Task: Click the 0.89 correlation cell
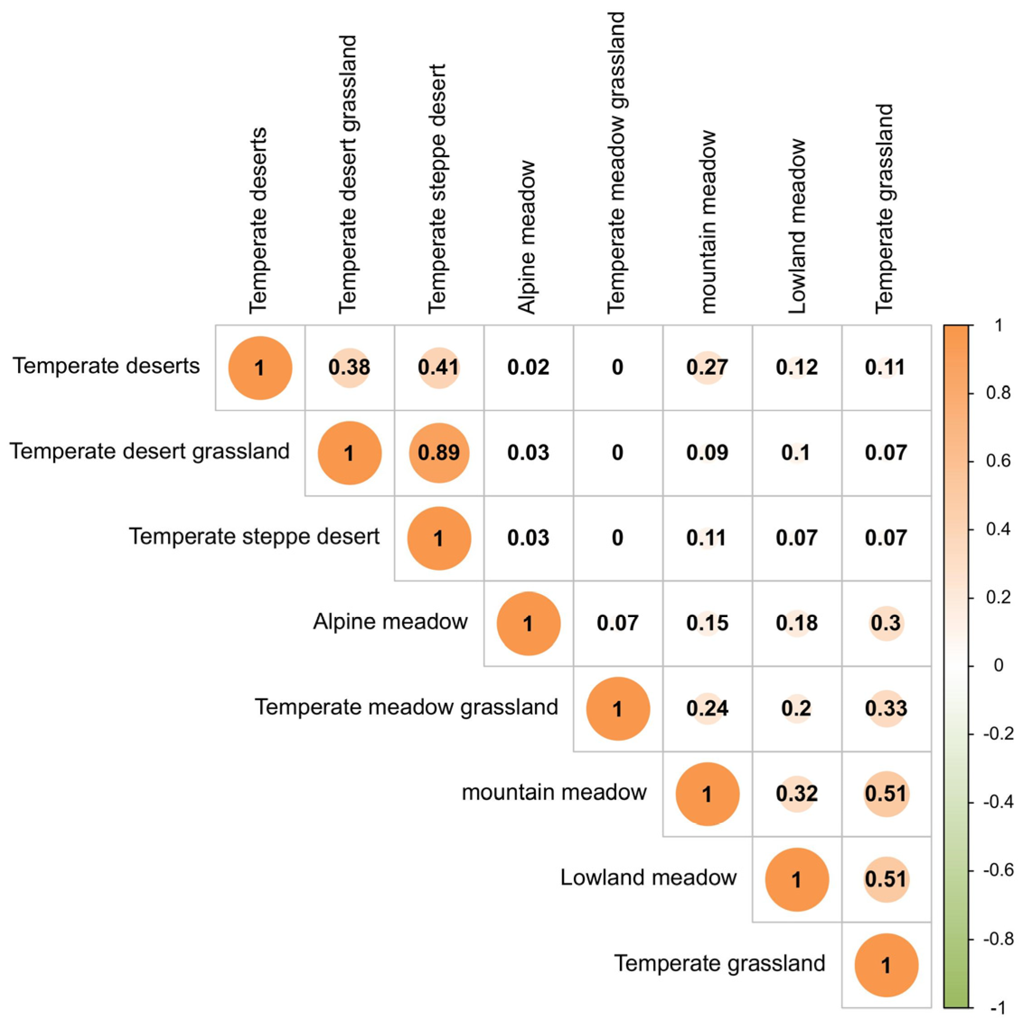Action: coord(439,453)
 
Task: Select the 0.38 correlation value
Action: coord(349,367)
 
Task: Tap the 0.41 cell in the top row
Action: coord(439,367)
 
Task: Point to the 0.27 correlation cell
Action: coord(707,367)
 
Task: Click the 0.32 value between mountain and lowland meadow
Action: coord(797,793)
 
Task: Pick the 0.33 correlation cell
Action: coord(886,708)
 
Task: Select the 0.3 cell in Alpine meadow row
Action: coord(886,623)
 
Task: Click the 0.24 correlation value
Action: coord(707,708)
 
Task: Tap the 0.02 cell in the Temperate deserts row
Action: coord(529,367)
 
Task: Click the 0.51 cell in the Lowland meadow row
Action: coord(886,879)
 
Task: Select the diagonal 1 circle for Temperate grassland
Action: coord(886,965)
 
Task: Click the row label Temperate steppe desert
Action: coord(254,536)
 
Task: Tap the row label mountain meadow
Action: coord(554,793)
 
